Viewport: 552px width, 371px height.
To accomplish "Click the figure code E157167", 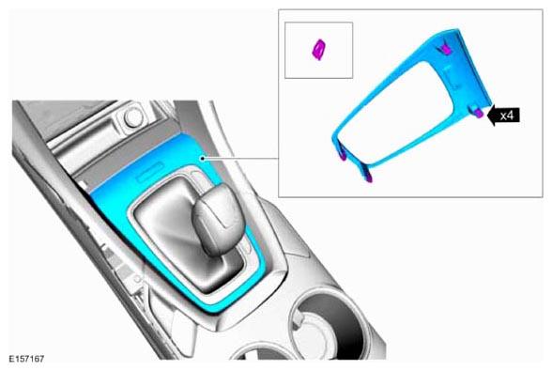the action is (26, 359).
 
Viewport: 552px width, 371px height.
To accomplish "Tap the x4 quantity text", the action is (507, 116).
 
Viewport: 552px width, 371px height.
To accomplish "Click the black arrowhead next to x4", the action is (492, 116).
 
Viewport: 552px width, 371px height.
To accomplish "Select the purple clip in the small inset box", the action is (319, 50).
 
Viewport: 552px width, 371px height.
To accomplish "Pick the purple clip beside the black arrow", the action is (478, 112).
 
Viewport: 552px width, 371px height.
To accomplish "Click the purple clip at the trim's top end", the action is (445, 51).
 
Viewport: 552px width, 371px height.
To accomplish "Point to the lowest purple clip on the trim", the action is (369, 178).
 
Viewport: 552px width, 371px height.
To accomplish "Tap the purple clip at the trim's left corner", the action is (342, 156).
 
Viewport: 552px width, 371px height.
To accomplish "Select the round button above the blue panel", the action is (133, 117).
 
